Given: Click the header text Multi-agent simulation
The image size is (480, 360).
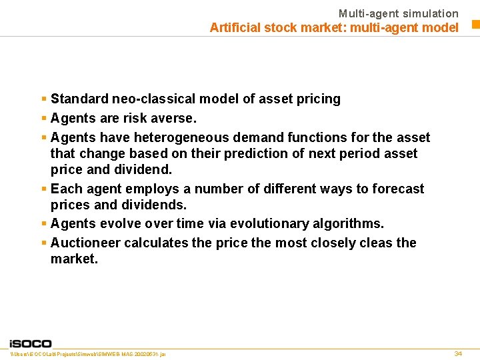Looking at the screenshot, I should point(398,13).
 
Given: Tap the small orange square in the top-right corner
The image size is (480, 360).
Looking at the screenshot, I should point(476,25).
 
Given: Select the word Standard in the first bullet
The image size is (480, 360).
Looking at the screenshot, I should point(79,99).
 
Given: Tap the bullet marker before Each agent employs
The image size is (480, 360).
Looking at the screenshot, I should point(43,189).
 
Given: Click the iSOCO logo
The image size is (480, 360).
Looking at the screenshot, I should point(30,343).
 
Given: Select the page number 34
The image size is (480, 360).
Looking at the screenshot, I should point(458,353).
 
